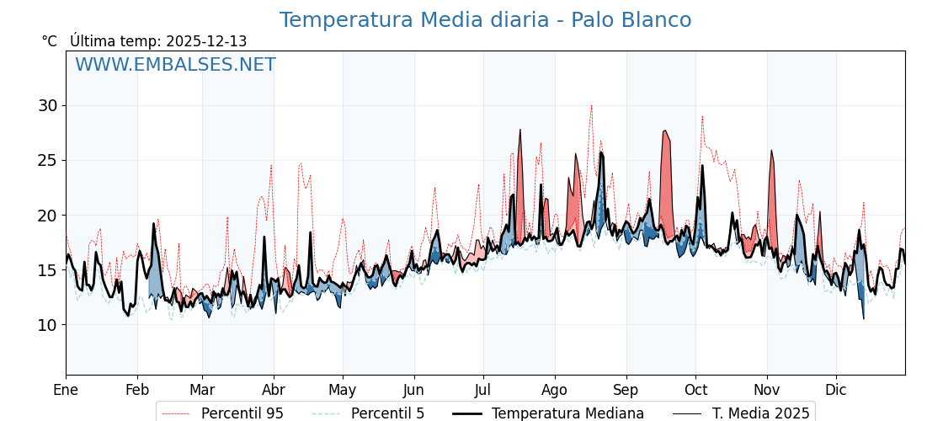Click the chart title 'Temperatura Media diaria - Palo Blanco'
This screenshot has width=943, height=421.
coord(485,20)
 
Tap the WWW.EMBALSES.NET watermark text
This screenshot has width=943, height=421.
coord(175,65)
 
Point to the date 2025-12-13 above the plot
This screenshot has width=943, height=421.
coord(206,41)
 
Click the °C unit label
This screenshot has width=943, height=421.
coord(49,41)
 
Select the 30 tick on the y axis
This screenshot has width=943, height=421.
coord(47,105)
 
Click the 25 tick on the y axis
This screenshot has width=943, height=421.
coord(47,160)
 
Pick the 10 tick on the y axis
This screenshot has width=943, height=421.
coord(47,325)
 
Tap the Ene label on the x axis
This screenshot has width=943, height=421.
coord(66,390)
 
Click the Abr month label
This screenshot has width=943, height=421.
coord(274,390)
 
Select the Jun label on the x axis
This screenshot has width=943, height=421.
coord(413,390)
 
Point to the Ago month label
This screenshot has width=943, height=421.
coord(555,390)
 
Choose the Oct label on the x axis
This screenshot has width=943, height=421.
coord(695,390)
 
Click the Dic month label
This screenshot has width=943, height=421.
coord(836,390)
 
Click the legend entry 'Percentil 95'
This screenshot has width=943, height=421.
coord(242,413)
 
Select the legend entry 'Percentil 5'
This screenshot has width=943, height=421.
coord(387,413)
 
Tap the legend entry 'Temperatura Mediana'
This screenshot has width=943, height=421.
coord(567,413)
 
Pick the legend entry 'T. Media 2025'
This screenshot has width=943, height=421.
coord(760,413)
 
